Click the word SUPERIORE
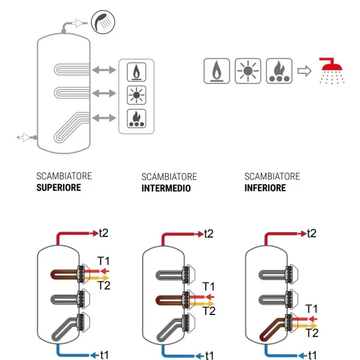pyautogui.click(x=58, y=187)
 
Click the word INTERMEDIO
pyautogui.click(x=166, y=188)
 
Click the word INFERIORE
pyautogui.click(x=265, y=187)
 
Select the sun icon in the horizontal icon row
pyautogui.click(x=247, y=71)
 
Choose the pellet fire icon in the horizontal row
pyautogui.click(x=279, y=71)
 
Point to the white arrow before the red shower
pyautogui.click(x=305, y=71)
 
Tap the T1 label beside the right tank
pyautogui.click(x=311, y=308)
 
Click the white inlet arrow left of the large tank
pyautogui.click(x=24, y=137)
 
